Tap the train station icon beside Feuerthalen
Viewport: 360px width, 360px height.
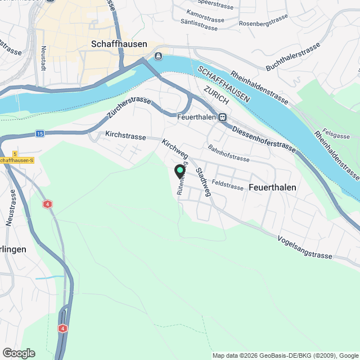tap(223, 117)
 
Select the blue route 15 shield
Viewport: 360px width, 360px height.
tap(39, 133)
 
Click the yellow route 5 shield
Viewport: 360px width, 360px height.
tap(15, 153)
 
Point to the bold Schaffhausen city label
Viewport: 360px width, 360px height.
tap(119, 44)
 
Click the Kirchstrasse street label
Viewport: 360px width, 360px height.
tap(125, 136)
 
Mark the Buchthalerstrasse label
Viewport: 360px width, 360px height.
tap(293, 57)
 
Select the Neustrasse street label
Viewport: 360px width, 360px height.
tap(11, 208)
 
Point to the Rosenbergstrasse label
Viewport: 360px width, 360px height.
tap(263, 22)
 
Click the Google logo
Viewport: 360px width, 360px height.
tap(19, 353)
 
